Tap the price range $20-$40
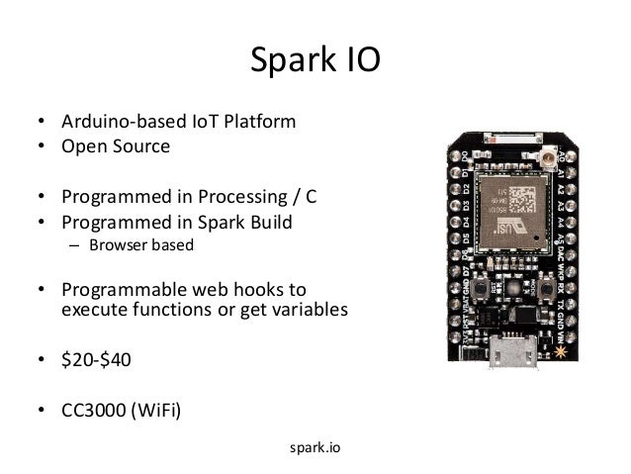coord(95,359)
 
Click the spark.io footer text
coord(315,447)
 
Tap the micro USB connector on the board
coord(515,353)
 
